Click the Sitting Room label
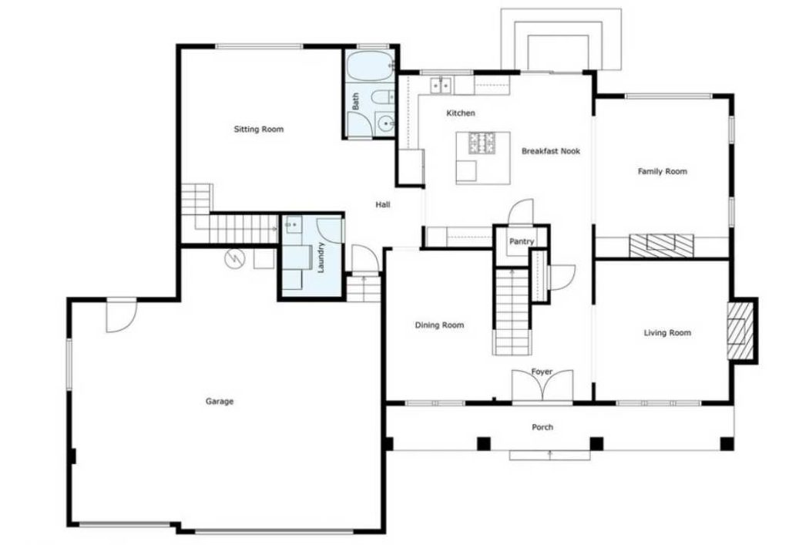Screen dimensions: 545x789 [x=259, y=130]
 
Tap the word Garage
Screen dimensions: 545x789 [x=220, y=401]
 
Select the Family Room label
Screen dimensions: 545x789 [x=662, y=171]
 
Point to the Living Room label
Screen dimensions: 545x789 [x=667, y=333]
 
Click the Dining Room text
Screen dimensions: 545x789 [x=439, y=325]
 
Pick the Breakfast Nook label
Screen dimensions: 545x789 [x=550, y=151]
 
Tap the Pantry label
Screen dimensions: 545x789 [x=522, y=242]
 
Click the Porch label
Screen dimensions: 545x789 [x=542, y=427]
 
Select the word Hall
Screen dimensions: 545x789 [x=383, y=204]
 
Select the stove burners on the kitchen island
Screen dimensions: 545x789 [x=482, y=143]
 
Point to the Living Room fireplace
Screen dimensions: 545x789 [x=740, y=330]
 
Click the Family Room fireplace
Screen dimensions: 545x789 [x=661, y=245]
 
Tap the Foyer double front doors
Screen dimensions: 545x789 [x=542, y=387]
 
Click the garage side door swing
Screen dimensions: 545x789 [x=120, y=316]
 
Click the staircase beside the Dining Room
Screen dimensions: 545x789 [x=511, y=311]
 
